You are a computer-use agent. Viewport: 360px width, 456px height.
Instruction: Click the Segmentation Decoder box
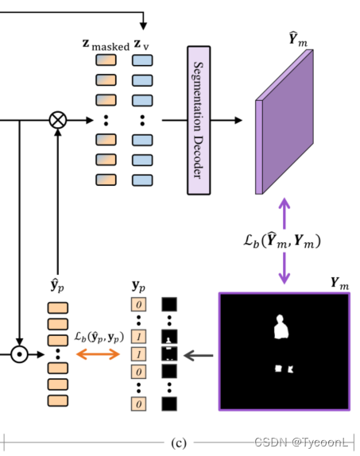point(199,120)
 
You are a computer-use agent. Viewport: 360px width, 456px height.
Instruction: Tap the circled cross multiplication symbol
point(57,120)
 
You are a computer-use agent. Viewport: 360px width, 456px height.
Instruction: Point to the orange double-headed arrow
point(96,353)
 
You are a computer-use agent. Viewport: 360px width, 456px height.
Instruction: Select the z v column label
point(141,44)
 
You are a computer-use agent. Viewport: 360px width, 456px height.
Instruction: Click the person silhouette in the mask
point(279,327)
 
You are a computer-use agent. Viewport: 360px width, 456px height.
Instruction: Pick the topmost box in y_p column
point(139,303)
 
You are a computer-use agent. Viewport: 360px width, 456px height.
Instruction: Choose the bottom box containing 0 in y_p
point(139,404)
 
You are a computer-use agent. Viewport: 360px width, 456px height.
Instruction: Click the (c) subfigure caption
point(180,441)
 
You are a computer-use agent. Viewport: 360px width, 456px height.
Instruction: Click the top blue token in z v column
point(142,60)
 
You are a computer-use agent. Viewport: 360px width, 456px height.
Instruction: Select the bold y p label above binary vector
point(139,284)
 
